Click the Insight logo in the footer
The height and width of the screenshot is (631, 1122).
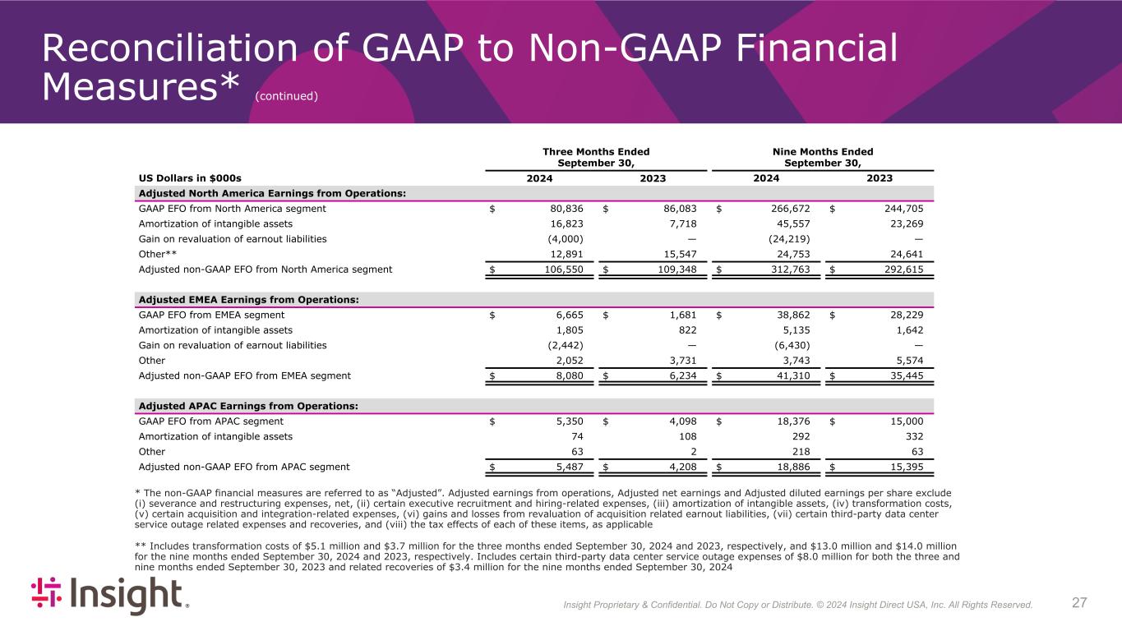[110, 596]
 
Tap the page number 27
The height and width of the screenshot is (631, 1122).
[1080, 603]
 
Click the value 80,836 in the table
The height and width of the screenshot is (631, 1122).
[565, 209]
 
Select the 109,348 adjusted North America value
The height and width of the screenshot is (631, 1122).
[678, 269]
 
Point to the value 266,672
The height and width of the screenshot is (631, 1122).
[790, 209]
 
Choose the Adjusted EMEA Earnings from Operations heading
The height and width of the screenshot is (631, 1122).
[248, 300]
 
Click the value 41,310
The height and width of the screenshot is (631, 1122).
[793, 375]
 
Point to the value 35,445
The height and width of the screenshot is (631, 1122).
[907, 375]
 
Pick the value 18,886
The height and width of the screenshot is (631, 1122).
[793, 467]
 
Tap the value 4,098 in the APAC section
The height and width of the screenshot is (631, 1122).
[681, 421]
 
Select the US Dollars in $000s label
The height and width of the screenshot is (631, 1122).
[189, 178]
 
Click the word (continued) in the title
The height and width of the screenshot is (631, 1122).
[286, 97]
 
